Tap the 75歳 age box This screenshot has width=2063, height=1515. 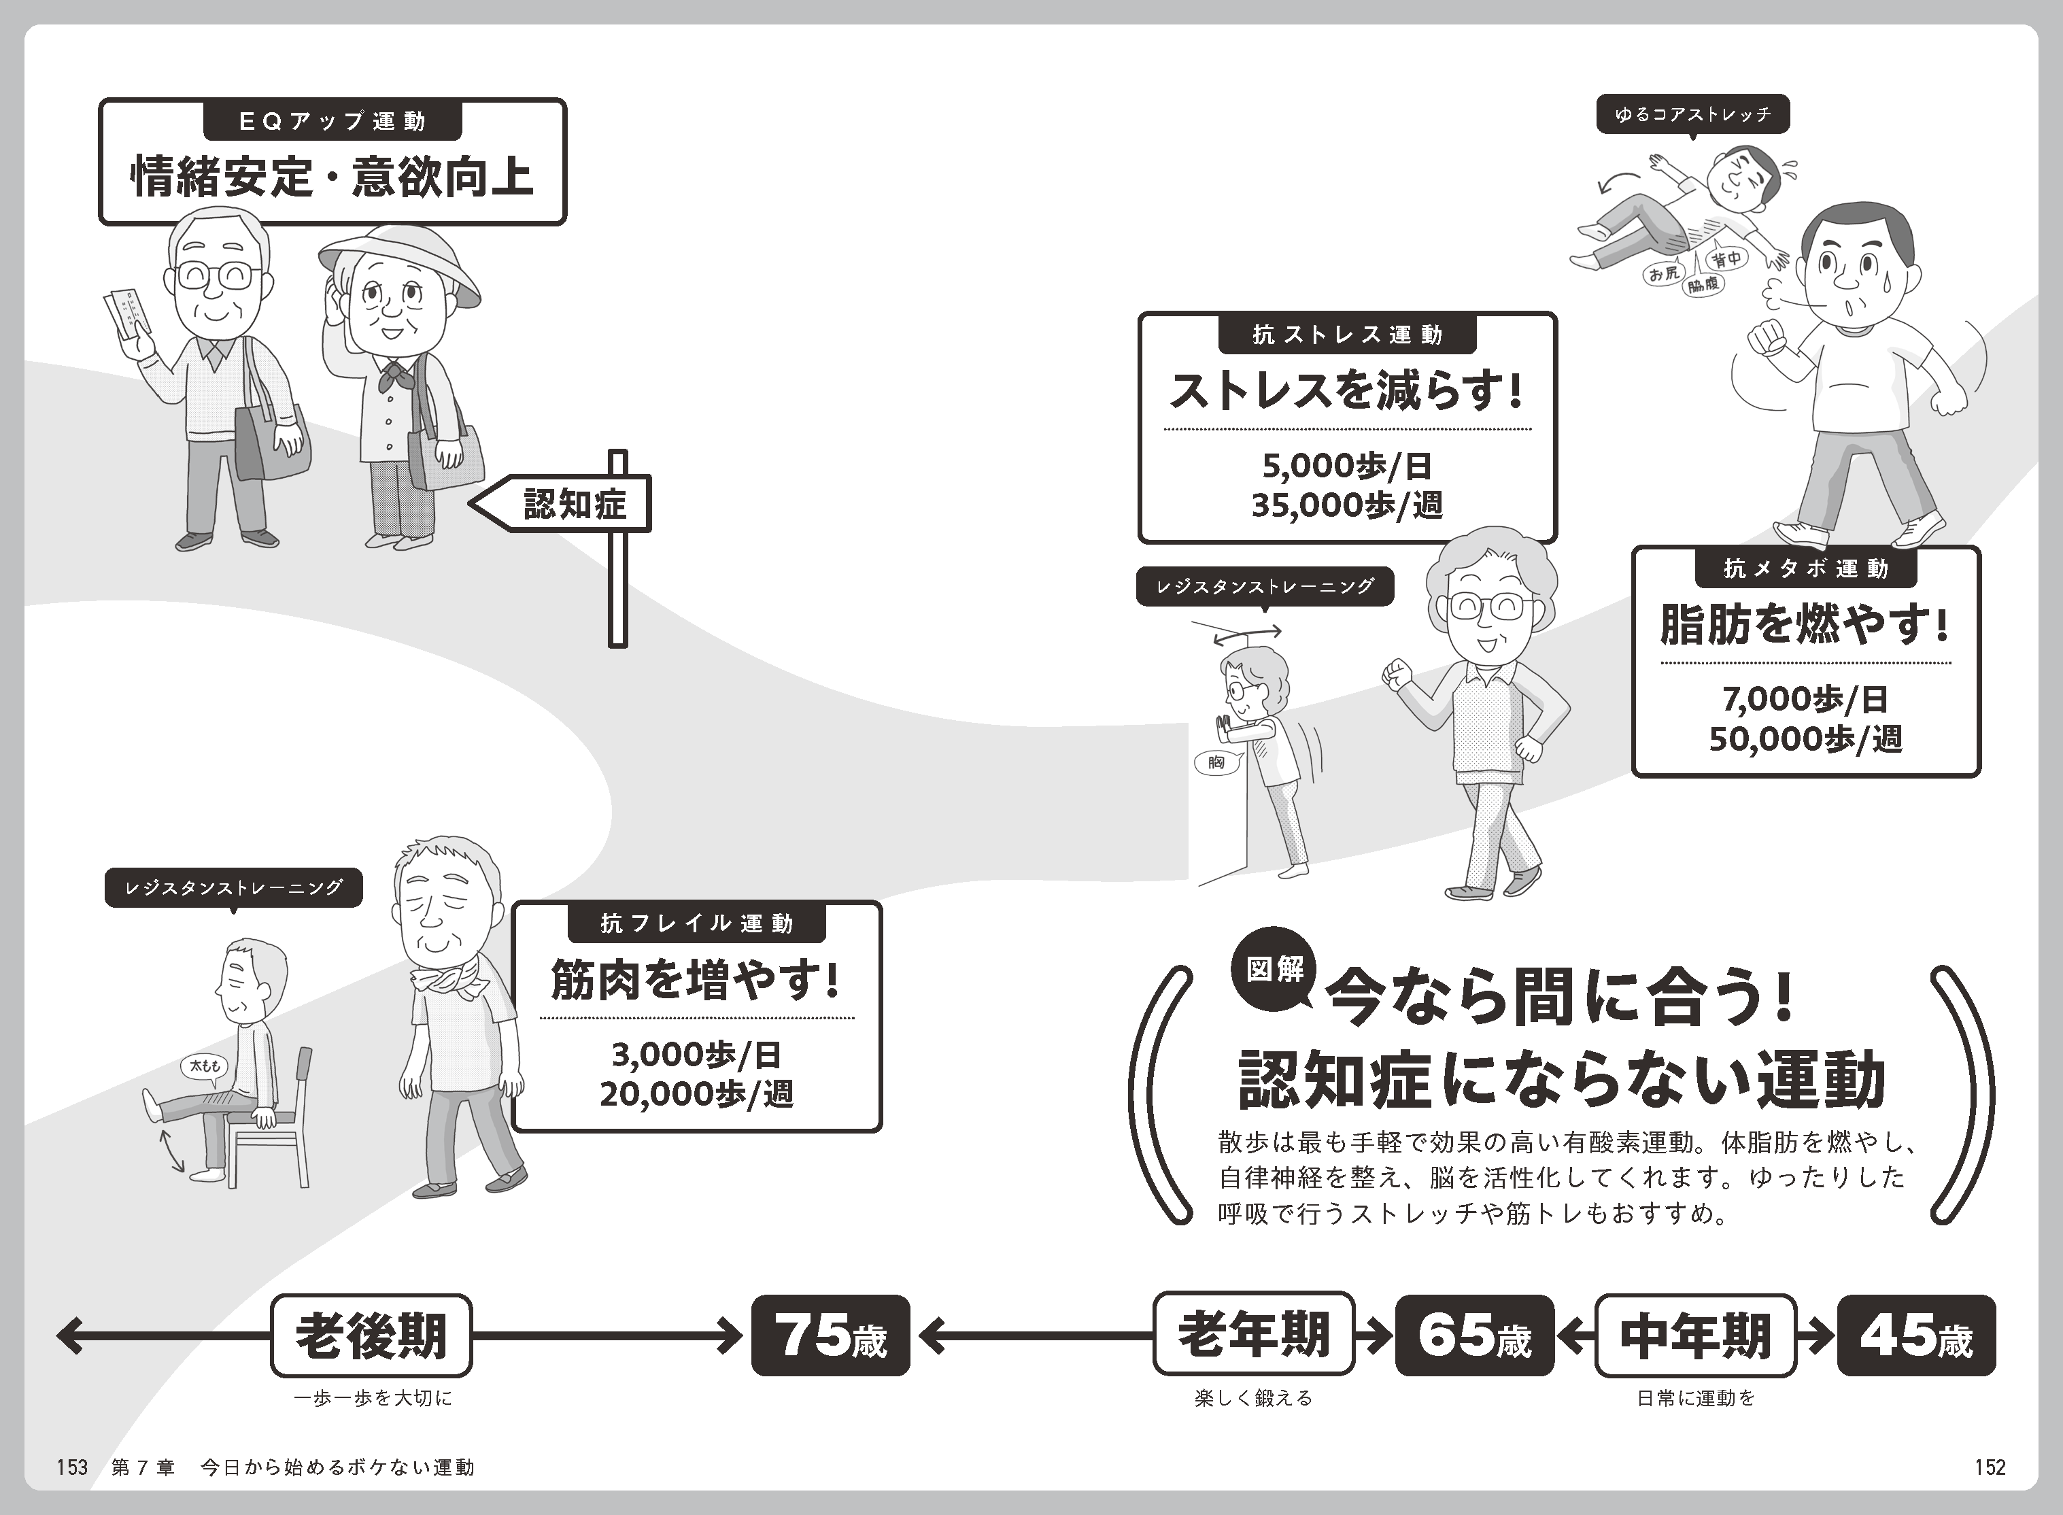coord(831,1335)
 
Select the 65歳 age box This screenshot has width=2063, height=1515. coord(1474,1335)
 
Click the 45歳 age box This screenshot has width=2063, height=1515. coord(1916,1335)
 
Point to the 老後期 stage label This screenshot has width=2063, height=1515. coord(371,1335)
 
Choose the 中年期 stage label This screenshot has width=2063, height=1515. coord(1695,1335)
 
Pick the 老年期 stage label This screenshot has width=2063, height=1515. coord(1253,1335)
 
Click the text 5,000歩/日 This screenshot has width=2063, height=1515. coord(1347,466)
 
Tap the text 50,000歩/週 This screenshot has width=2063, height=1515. coord(1805,739)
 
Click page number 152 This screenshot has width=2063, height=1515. coord(1990,1467)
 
